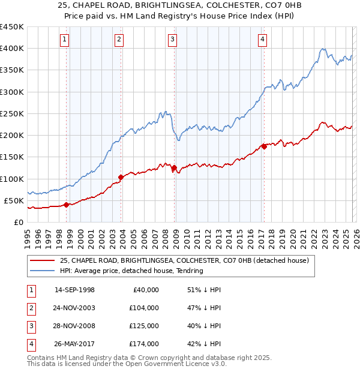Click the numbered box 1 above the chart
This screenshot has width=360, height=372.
pyautogui.click(x=64, y=40)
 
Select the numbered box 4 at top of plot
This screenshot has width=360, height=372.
pyautogui.click(x=263, y=40)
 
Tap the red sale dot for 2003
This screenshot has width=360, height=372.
pyautogui.click(x=121, y=177)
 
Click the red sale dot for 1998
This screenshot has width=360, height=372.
pyautogui.click(x=67, y=205)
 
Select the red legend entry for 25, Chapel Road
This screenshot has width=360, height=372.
pyautogui.click(x=184, y=261)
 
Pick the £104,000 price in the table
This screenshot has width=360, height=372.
pyautogui.click(x=144, y=308)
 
